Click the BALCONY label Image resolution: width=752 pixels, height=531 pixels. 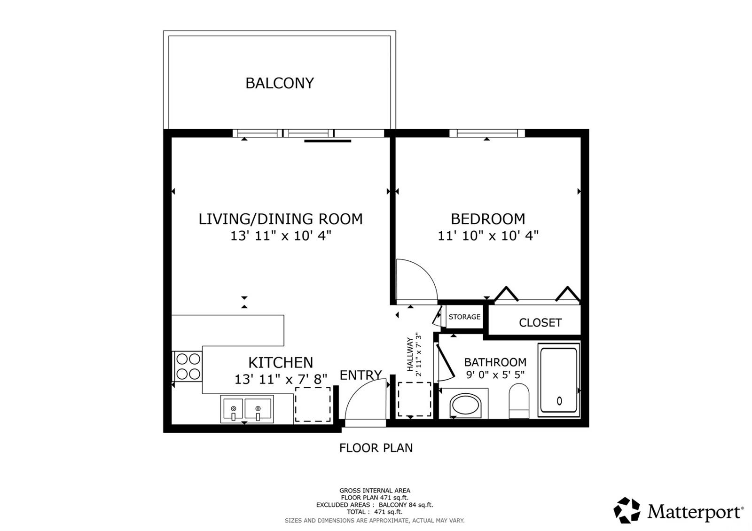click(x=280, y=83)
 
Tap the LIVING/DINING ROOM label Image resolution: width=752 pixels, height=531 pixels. click(x=281, y=219)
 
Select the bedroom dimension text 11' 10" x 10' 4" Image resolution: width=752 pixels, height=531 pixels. click(x=488, y=235)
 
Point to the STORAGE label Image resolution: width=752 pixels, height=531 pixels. click(x=464, y=317)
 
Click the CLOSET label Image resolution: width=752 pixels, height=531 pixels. click(x=540, y=322)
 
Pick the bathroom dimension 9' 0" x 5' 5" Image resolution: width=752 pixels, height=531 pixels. click(x=495, y=374)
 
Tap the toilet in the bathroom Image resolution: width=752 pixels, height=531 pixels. click(x=519, y=401)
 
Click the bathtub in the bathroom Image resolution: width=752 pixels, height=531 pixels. click(x=559, y=380)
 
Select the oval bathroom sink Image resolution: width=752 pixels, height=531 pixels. click(x=465, y=406)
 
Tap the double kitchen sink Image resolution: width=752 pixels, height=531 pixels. click(x=247, y=409)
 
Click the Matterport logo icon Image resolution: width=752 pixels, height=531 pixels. click(x=627, y=510)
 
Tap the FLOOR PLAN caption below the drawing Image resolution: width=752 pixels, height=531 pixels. click(x=376, y=448)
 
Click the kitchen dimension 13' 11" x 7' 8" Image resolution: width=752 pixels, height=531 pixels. click(x=281, y=379)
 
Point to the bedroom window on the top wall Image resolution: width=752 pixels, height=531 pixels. click(x=487, y=133)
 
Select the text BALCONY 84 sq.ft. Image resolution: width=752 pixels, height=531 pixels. click(x=406, y=505)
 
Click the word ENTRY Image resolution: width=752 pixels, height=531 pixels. click(x=360, y=375)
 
